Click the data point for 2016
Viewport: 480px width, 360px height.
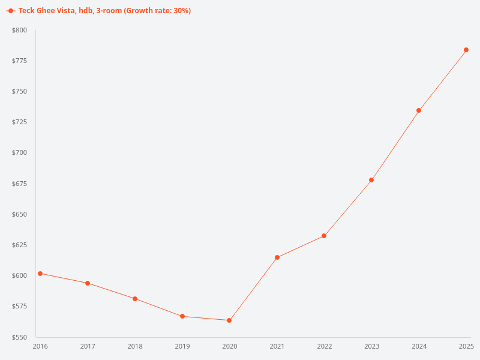(x=40, y=274)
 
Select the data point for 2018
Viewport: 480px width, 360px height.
(x=135, y=299)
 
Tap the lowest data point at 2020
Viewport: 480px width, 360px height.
(x=229, y=320)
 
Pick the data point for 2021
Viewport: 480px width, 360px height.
(x=277, y=257)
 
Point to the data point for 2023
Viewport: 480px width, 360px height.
(x=371, y=180)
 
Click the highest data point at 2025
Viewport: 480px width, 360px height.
(x=466, y=50)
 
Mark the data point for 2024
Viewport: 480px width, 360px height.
(x=419, y=110)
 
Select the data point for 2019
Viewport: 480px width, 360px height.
(x=182, y=316)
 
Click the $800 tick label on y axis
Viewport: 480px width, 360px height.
(x=19, y=30)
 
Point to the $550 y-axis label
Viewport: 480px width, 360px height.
(x=19, y=337)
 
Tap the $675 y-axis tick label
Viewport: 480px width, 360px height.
(x=19, y=184)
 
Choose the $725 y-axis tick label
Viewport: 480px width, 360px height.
(x=19, y=122)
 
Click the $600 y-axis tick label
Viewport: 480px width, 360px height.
(x=19, y=275)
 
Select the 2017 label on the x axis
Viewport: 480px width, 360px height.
(x=88, y=346)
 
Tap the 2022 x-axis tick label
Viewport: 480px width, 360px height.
(x=325, y=346)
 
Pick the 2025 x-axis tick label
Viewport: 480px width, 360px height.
(x=466, y=346)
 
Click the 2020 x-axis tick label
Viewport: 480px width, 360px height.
(x=230, y=346)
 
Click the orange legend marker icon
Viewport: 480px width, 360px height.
(x=11, y=11)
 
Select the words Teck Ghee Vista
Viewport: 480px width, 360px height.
(x=46, y=11)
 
